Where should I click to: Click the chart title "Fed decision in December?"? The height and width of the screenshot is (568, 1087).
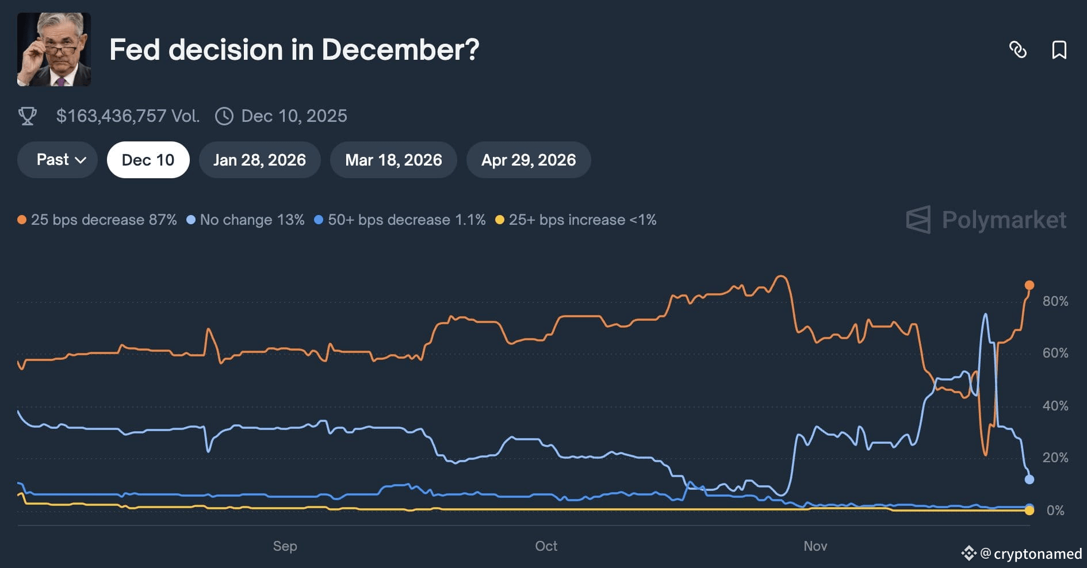click(x=294, y=49)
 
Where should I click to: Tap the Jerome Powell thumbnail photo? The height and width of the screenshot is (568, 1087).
click(x=54, y=49)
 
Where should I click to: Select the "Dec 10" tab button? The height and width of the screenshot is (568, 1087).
click(x=148, y=160)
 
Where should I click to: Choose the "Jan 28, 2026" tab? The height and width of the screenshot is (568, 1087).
click(x=259, y=160)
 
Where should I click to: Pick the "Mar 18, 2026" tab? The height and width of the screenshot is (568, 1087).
click(x=393, y=160)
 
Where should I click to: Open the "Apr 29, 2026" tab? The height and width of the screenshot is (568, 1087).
click(x=529, y=160)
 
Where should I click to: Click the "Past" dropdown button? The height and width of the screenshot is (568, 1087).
click(x=58, y=160)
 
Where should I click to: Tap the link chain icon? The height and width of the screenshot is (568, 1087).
click(x=1018, y=50)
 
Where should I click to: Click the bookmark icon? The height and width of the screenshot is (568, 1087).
click(x=1059, y=50)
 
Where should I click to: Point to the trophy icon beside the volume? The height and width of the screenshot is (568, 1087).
click(x=28, y=116)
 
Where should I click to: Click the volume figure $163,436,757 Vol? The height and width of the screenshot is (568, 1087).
click(x=128, y=116)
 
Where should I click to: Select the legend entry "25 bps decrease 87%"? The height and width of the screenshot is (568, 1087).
click(x=97, y=220)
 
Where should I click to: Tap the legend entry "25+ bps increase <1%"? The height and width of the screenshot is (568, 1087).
click(x=576, y=220)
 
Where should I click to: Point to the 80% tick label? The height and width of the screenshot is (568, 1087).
click(x=1055, y=301)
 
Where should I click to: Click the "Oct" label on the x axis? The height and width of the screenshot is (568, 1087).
click(x=546, y=546)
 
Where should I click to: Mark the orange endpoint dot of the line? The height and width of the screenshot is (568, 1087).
click(x=1029, y=285)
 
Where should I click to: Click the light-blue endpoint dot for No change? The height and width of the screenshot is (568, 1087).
click(x=1029, y=479)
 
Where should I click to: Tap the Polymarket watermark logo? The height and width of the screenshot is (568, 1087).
click(x=986, y=220)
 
